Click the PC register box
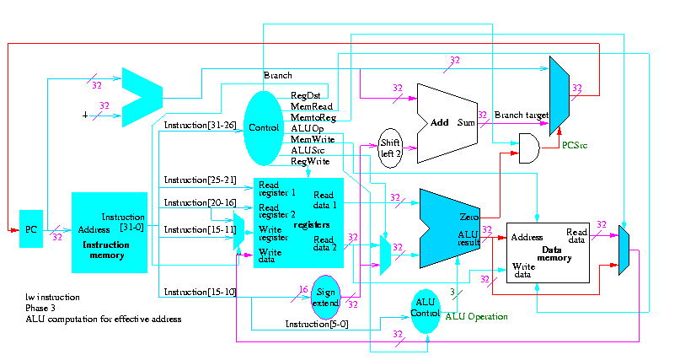[31, 229]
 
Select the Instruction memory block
[110, 232]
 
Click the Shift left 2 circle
[390, 148]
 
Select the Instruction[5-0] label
[313, 324]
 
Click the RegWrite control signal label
[310, 159]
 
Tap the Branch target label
[522, 115]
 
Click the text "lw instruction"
[53, 297]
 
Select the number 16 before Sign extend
[303, 289]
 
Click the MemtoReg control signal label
[313, 116]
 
